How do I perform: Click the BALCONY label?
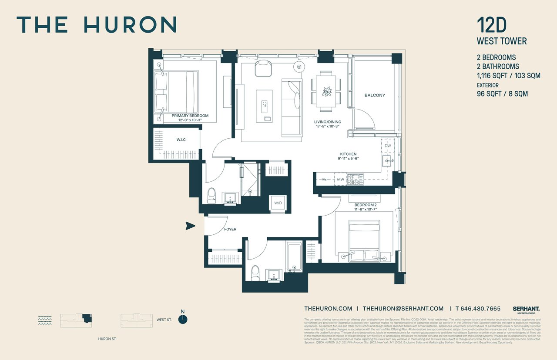click(x=375, y=95)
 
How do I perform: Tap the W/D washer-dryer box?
click(x=278, y=203)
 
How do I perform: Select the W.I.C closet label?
click(x=181, y=140)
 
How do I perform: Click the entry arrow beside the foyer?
click(x=189, y=226)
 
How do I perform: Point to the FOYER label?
click(x=230, y=229)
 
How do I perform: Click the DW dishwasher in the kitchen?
click(x=388, y=146)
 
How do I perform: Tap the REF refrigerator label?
click(x=325, y=179)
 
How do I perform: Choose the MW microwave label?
click(x=340, y=179)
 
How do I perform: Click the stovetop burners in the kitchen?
click(x=356, y=179)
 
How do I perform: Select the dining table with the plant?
click(x=326, y=92)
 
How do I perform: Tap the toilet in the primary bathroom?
click(x=212, y=195)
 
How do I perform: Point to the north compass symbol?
click(x=183, y=319)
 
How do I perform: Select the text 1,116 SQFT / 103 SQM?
click(x=508, y=76)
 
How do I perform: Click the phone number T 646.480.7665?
click(x=478, y=309)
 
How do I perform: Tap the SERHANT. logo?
click(x=526, y=309)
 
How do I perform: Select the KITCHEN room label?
click(x=348, y=154)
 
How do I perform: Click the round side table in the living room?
click(x=299, y=67)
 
